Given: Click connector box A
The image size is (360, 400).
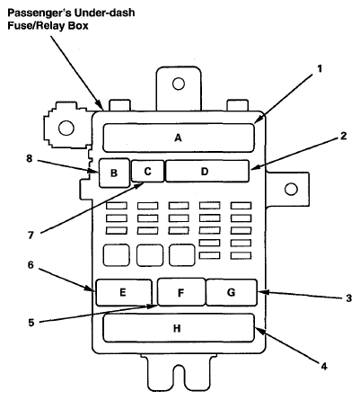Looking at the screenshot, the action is coord(179,138).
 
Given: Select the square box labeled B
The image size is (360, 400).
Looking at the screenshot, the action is coord(114,173).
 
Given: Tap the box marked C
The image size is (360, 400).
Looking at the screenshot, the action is coord(148,171).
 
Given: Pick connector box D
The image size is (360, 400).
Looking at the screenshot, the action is coord(207,171).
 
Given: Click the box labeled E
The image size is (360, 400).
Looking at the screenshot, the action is coord(124,292).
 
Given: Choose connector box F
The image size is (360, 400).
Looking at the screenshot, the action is coord(181,292).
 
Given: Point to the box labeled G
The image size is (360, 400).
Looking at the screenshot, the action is coord(232,292).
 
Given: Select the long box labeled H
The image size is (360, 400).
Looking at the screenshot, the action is coord(179,328).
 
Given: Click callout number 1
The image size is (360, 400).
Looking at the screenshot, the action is coord(320,69).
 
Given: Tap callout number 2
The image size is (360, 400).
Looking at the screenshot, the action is coord(344,136).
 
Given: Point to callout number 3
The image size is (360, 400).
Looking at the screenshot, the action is coord(349,298).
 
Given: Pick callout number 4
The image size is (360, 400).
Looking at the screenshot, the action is coord(324,366).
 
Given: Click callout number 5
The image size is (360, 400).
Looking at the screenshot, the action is coord(31,323).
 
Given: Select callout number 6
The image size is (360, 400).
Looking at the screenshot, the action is coord(31,265).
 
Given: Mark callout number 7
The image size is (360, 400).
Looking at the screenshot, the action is coord(31,236).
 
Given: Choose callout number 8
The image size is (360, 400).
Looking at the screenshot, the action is coord(29,158).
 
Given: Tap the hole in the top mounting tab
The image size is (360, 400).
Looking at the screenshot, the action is coord(179,84).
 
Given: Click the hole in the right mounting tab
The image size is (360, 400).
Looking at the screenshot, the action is coord(291,190).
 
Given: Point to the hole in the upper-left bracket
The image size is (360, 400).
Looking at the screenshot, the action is coord(66,128).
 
